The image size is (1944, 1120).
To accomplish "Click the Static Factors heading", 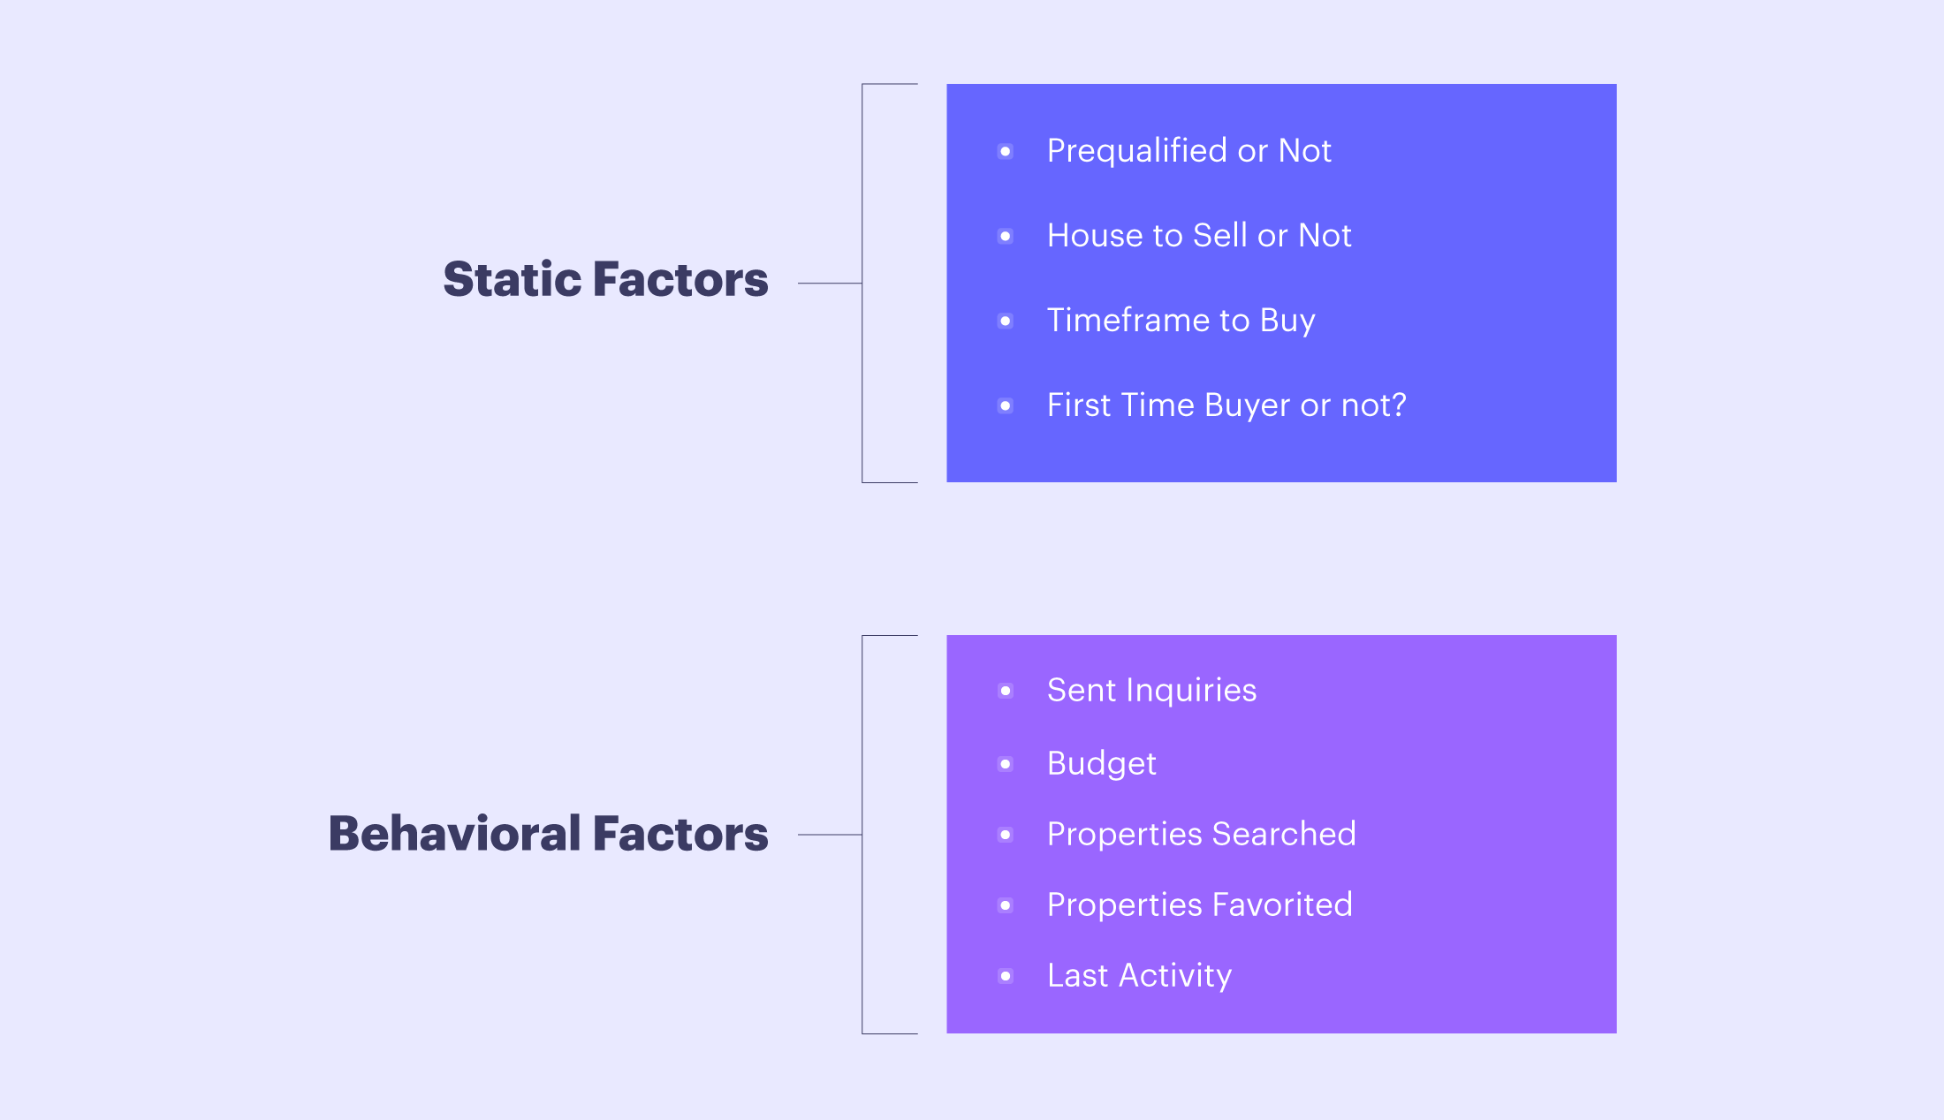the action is [605, 279].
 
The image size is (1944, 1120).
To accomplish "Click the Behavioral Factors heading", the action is [548, 833].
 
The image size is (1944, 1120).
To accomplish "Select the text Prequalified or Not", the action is [1188, 151].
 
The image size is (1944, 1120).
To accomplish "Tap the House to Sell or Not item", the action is [1199, 236].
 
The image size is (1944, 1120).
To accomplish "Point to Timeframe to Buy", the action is [1181, 321].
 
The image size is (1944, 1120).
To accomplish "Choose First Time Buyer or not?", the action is [1226, 405].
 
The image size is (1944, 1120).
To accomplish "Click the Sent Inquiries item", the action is [1151, 691].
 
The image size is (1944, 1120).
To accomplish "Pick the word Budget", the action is [1101, 764].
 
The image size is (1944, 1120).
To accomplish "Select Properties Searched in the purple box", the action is [1201, 835].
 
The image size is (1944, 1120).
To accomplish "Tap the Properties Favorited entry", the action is [1199, 905].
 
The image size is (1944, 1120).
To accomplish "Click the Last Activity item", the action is [1139, 976].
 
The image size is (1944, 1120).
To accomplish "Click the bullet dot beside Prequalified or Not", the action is [1006, 152].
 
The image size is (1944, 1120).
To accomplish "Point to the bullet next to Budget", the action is [1006, 764].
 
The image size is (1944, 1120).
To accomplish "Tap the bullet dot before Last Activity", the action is [1006, 976].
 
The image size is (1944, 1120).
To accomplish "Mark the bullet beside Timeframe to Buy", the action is [1006, 322].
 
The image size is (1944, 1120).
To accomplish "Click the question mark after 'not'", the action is [1398, 405].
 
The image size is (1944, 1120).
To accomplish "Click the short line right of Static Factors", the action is [830, 284].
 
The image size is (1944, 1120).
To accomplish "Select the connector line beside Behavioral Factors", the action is [830, 835].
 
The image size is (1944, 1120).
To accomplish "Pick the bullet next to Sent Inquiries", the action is [1006, 691].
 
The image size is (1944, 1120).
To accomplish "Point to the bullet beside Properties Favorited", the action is [1006, 905].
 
